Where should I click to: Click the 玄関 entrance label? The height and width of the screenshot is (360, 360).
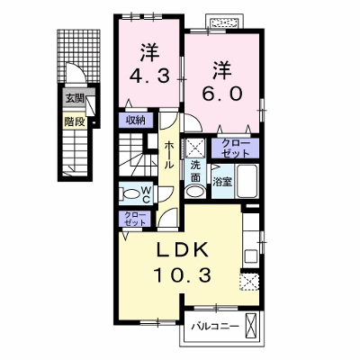coord(76,99)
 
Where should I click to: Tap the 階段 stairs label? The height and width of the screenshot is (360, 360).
coord(75,121)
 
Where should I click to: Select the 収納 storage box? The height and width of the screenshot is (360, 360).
coord(136,121)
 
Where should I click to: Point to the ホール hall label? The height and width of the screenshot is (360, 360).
coord(168,155)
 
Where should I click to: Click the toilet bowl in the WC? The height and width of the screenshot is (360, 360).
coord(131,193)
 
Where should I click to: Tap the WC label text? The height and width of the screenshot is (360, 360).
coord(146,194)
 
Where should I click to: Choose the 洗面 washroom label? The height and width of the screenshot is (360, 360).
coord(195,171)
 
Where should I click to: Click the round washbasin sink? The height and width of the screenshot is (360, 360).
coord(194,191)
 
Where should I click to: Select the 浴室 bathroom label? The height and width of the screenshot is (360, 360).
coord(222,182)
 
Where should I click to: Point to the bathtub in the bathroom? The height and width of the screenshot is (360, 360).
coord(247,181)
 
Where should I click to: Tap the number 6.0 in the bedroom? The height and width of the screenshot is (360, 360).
coord(222,94)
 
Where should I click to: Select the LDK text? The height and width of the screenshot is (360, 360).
coord(183,250)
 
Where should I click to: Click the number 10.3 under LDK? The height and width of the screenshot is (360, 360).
coord(183,274)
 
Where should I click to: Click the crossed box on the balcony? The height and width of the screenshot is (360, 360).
coord(251,326)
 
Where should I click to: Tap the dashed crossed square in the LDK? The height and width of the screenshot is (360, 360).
coord(249,282)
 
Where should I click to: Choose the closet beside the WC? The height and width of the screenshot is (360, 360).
coord(136,219)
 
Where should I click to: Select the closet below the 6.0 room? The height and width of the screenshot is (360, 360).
coord(235,148)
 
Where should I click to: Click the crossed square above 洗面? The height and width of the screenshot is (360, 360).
coord(195,148)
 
